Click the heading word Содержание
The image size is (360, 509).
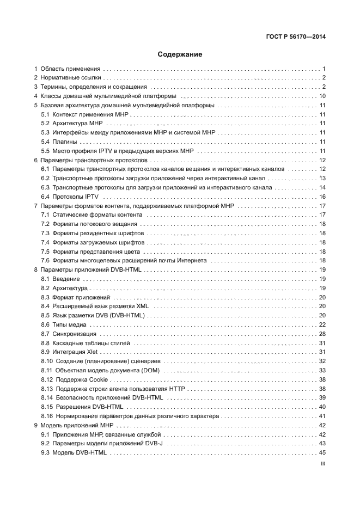[x=180, y=54]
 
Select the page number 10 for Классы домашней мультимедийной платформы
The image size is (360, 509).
[x=322, y=96]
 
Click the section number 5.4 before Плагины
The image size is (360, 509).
[x=46, y=142]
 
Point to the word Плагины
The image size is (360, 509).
[x=64, y=142]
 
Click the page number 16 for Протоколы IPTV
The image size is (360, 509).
[x=322, y=197]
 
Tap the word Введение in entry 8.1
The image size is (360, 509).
[x=66, y=279]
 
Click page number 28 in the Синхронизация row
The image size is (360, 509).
[x=322, y=334]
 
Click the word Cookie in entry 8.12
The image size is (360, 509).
[x=100, y=379]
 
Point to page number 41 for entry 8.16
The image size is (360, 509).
[x=322, y=416]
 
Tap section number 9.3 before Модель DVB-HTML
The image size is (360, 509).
[x=46, y=453]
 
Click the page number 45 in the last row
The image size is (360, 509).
[x=322, y=453]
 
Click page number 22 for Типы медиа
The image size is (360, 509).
[x=322, y=324]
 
